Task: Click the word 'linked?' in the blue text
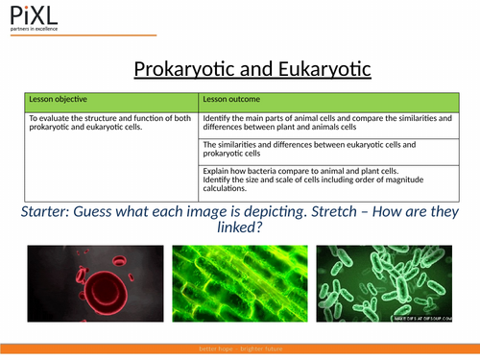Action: point(238,231)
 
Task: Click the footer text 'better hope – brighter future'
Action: point(240,349)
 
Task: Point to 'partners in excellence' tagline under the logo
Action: point(35,30)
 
